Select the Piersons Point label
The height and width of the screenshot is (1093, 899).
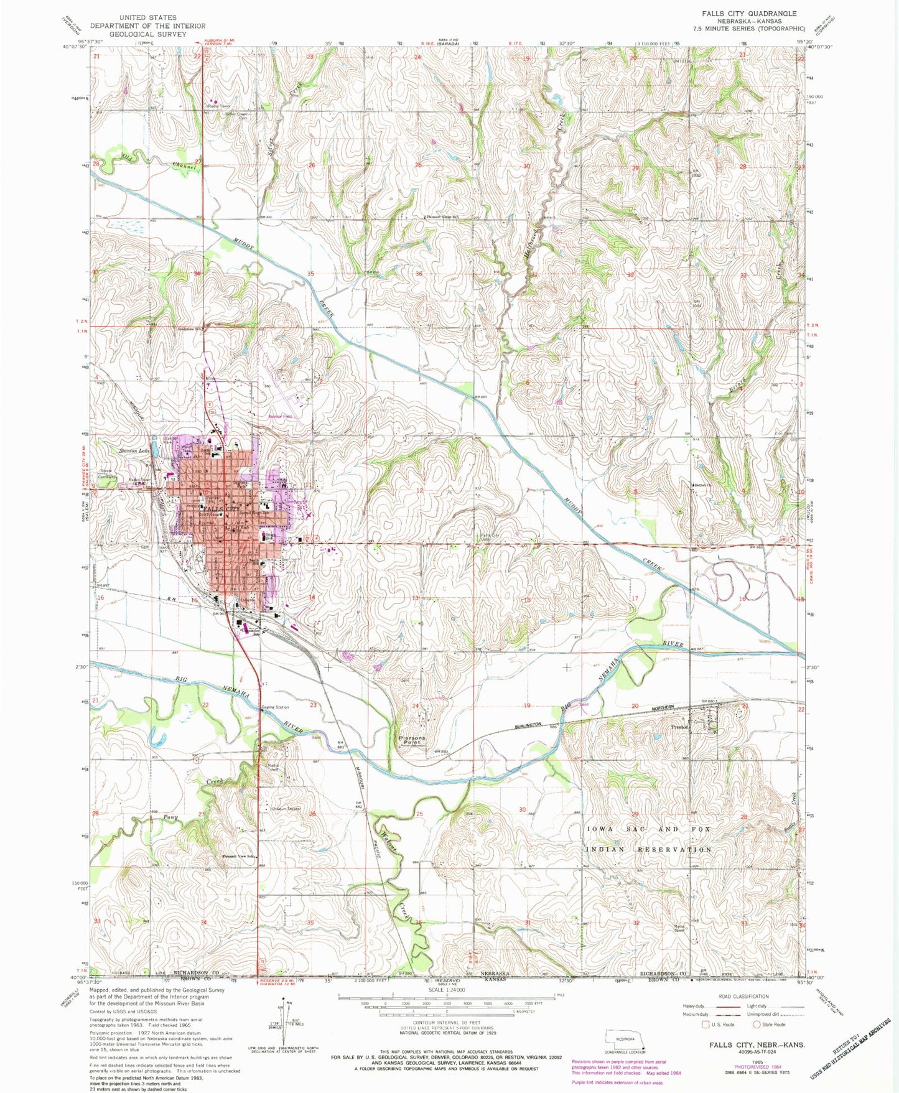[x=412, y=740]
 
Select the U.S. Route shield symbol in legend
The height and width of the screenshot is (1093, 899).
[x=705, y=1024]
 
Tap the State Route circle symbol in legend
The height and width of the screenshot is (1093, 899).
[x=757, y=1024]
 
